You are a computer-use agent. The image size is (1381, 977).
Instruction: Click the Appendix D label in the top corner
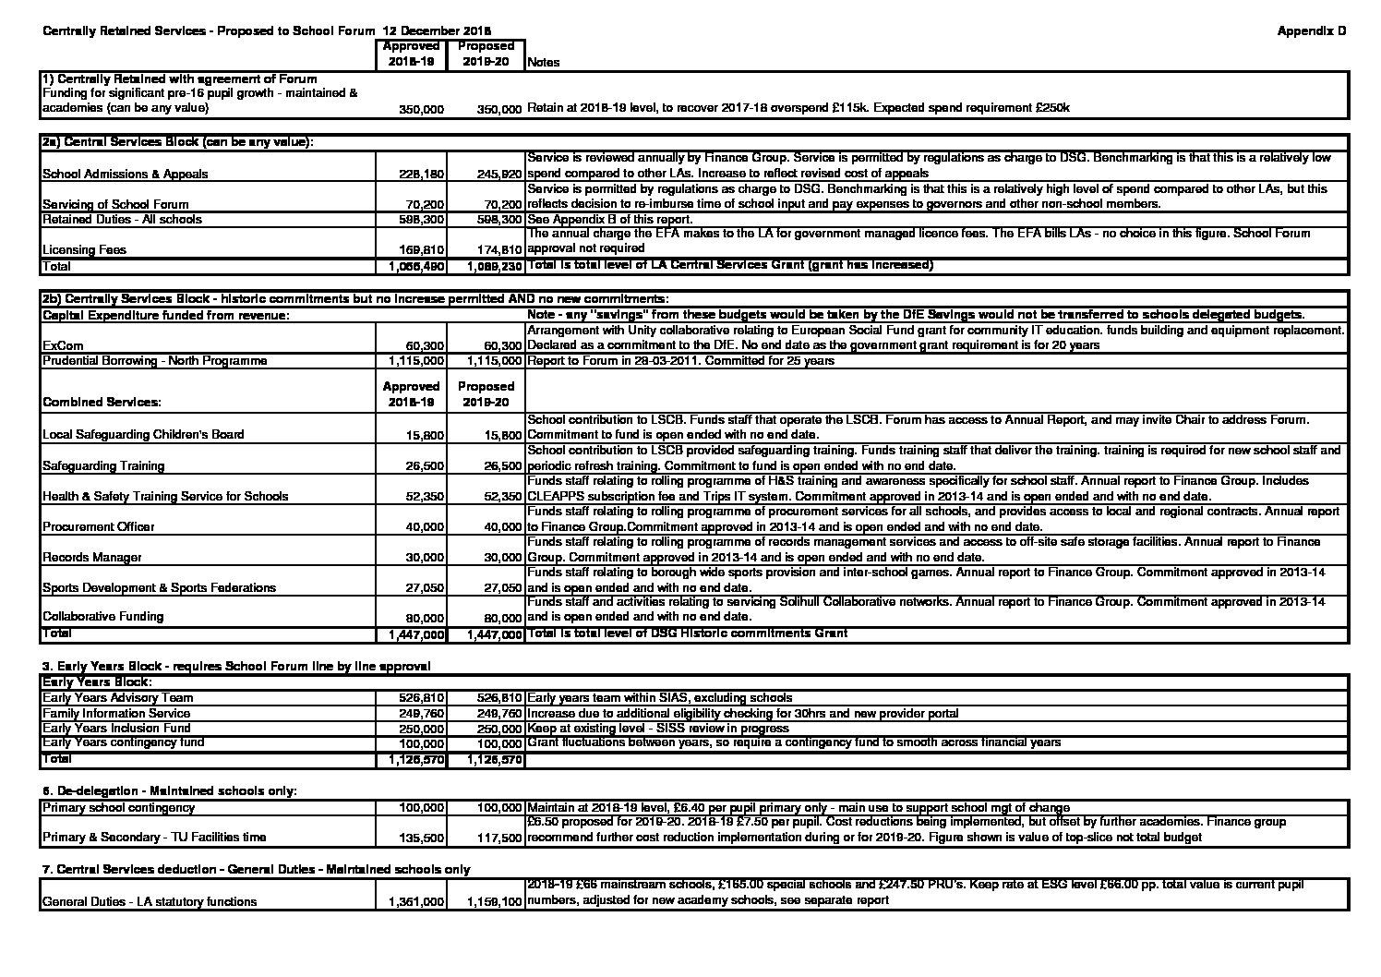pos(1311,30)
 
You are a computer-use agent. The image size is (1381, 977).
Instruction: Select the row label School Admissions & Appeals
pos(126,174)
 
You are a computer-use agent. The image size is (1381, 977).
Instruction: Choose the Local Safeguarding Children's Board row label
pos(143,435)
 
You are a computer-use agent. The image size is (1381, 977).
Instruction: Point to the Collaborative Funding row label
pos(102,616)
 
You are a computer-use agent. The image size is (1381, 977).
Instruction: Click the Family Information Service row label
pos(116,713)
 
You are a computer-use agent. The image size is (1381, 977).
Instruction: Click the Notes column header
pos(543,63)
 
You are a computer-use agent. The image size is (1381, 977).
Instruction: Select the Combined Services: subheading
pos(102,402)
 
